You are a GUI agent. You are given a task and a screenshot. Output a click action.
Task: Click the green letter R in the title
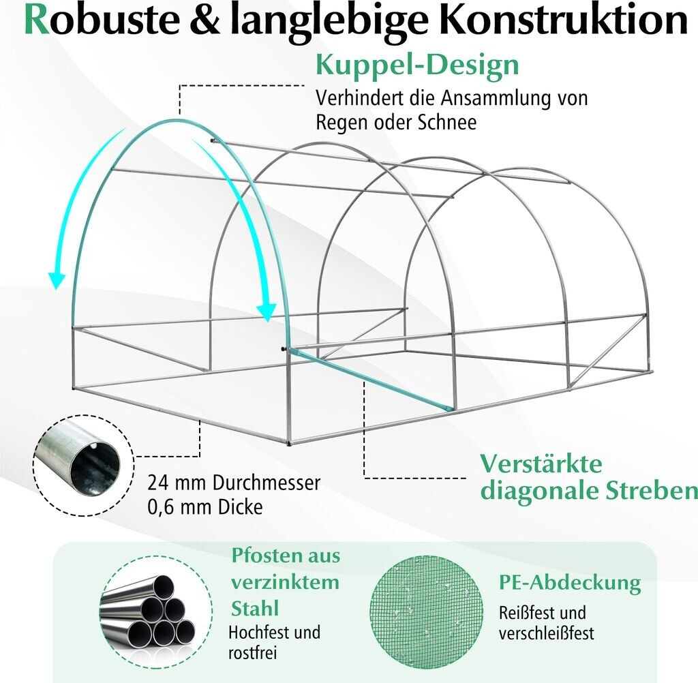37,22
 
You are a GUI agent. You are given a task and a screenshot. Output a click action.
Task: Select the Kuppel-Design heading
417,66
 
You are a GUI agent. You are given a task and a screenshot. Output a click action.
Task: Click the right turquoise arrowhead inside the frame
268,311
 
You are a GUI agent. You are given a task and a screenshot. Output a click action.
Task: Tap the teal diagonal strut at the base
369,378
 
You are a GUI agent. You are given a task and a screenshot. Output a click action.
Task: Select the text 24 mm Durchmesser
234,483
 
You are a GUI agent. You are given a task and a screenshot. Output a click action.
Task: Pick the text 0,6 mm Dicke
204,507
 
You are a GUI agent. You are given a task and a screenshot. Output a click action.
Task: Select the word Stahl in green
255,608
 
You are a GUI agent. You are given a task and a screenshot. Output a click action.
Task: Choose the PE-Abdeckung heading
570,583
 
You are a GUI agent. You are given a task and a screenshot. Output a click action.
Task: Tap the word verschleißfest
546,633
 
